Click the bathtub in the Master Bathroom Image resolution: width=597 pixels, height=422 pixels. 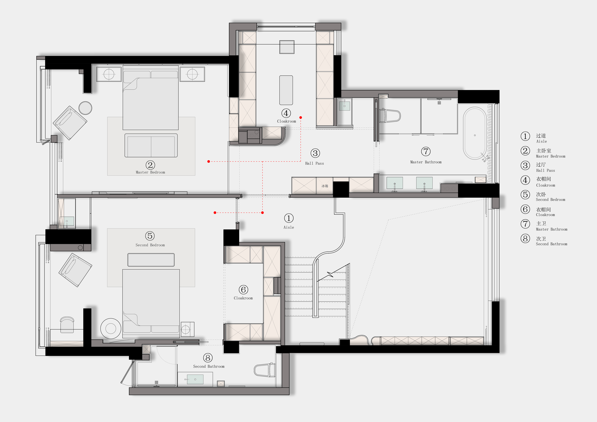click(475, 133)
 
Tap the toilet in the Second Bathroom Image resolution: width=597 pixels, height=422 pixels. click(265, 370)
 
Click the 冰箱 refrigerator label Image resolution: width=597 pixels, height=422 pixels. click(325, 186)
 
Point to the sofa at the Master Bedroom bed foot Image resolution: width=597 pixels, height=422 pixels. click(151, 145)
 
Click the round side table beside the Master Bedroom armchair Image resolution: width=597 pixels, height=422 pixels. click(85, 108)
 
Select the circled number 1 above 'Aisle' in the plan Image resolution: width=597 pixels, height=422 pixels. click(289, 218)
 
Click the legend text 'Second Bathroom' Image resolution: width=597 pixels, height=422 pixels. click(552, 244)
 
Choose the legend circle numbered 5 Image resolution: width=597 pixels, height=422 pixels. click(525, 195)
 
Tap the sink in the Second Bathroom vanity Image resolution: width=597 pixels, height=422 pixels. click(195, 379)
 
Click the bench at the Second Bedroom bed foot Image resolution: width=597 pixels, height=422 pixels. click(151, 260)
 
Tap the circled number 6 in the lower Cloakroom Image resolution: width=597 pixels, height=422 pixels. click(243, 289)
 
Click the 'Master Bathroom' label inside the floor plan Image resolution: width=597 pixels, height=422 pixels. click(426, 162)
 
